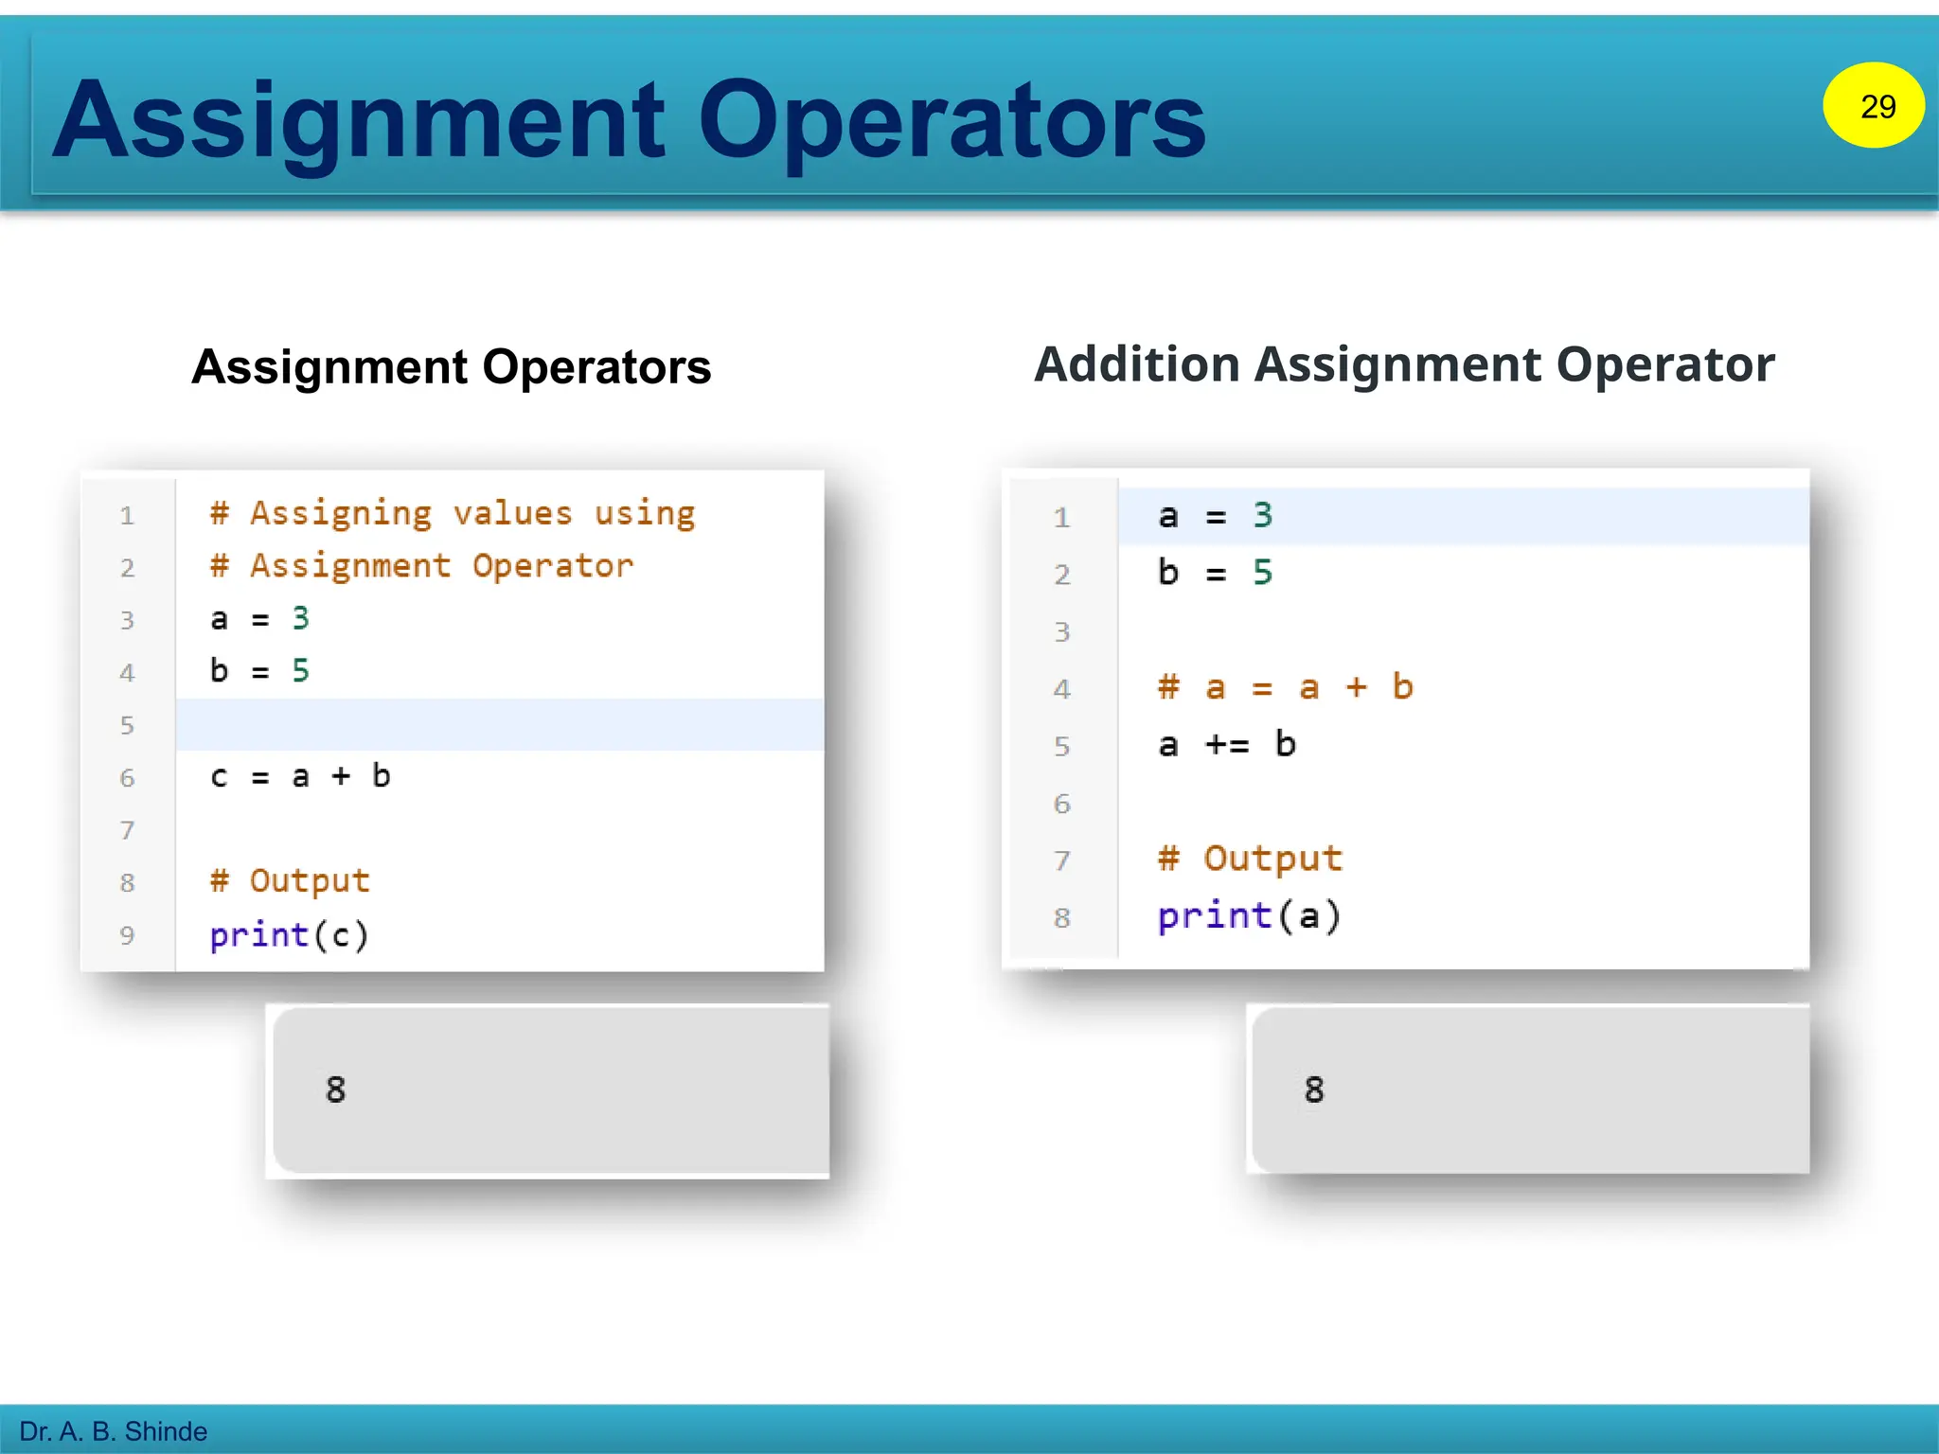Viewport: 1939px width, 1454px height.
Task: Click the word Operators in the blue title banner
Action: click(x=951, y=120)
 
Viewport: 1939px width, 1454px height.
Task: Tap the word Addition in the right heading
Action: click(x=1136, y=364)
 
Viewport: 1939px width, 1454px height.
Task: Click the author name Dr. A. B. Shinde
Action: click(x=113, y=1430)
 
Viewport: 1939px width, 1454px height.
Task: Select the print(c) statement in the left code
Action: click(x=289, y=935)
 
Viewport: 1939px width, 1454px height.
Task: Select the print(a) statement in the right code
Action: click(x=1249, y=916)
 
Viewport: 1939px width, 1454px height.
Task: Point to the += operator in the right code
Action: click(x=1227, y=745)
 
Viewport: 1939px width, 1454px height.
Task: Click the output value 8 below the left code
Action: click(x=335, y=1090)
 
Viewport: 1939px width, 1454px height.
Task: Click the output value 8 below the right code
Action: click(x=1313, y=1090)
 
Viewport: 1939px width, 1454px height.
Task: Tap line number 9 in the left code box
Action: click(x=127, y=936)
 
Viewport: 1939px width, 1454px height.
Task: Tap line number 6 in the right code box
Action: click(x=1062, y=804)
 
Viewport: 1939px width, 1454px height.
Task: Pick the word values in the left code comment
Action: click(x=512, y=513)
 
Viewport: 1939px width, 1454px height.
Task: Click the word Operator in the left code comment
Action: click(x=553, y=566)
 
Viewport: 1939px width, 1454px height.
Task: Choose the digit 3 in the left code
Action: click(x=300, y=618)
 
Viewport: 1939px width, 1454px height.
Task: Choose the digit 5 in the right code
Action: click(x=1262, y=573)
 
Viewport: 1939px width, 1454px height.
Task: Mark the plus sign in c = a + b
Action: click(x=341, y=776)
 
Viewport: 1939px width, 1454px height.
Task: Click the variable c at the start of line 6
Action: click(x=219, y=777)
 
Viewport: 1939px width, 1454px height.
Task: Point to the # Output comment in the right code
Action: click(x=1250, y=859)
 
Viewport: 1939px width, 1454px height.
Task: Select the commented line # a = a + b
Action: click(x=1285, y=687)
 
